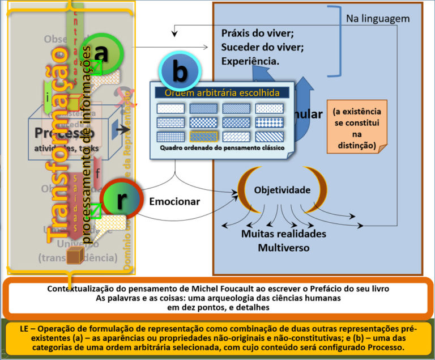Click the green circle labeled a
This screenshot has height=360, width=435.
[101, 53]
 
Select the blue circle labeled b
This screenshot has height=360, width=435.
[180, 73]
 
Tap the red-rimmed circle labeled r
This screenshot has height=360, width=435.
[121, 199]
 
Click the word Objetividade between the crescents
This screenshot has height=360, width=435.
[282, 190]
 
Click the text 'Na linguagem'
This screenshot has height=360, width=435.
[378, 19]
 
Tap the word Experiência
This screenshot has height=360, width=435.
[250, 61]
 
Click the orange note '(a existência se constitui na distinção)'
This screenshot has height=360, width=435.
[357, 128]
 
